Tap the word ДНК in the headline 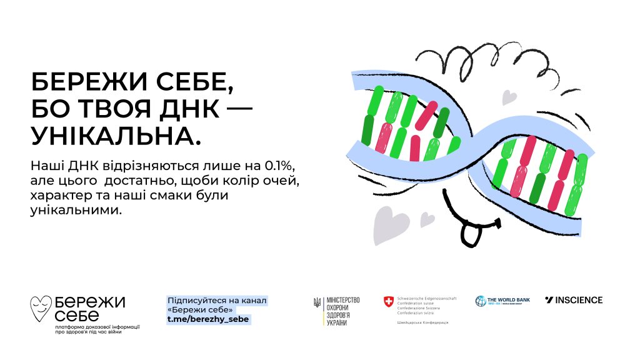193,109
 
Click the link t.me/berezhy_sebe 207,319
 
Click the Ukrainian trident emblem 317,303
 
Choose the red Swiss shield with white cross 388,302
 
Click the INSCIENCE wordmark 573,300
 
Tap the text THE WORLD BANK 509,299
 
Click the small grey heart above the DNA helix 510,97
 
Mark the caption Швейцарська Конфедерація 422,322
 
